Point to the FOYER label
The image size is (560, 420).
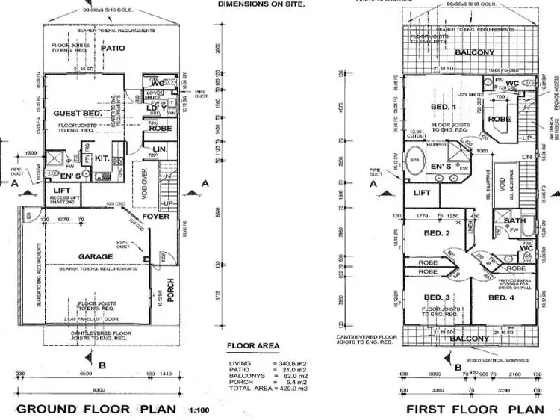coord(156,217)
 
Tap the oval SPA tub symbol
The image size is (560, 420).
coord(414,161)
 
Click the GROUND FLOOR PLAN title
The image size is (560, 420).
coord(96,409)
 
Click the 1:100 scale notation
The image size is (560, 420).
coord(199,409)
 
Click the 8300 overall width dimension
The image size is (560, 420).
coord(98,389)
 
